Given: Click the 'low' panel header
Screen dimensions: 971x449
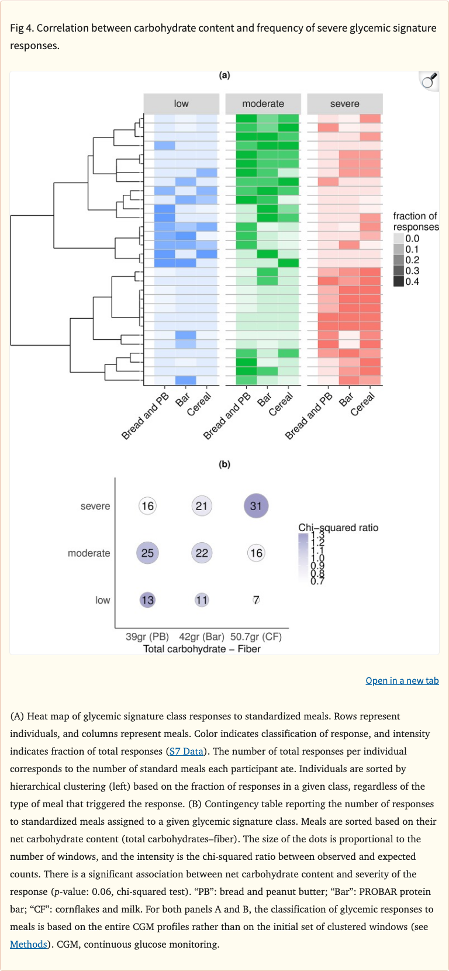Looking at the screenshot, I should (181, 104).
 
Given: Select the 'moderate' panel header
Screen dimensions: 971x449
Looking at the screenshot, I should (263, 104).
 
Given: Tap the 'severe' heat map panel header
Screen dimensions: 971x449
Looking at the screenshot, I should (344, 104).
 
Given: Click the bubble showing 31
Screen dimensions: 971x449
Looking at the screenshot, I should (256, 506).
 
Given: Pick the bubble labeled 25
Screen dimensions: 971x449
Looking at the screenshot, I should (147, 553).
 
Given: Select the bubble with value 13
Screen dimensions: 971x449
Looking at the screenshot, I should (147, 600).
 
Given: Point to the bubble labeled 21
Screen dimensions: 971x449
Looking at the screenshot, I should (202, 506).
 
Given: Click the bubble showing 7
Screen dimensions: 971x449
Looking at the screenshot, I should (256, 600).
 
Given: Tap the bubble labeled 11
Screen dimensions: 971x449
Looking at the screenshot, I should (202, 600).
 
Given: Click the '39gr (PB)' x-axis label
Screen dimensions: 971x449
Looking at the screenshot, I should (147, 636).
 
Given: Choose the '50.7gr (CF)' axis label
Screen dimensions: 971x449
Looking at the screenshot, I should (256, 636).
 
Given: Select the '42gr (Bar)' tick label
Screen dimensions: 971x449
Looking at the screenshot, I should (202, 636).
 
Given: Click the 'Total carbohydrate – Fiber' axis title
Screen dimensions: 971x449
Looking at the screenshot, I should (202, 649).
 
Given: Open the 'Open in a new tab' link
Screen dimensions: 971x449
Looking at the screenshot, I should (402, 680).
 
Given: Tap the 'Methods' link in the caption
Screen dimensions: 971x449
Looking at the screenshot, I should (28, 944).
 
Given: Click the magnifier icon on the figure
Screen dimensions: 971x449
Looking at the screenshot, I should (429, 81).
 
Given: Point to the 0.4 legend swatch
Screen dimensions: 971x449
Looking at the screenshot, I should (399, 281).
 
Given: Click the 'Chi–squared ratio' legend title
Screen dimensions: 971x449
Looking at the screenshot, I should (339, 528).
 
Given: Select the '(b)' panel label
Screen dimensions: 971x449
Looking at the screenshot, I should (224, 464).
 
